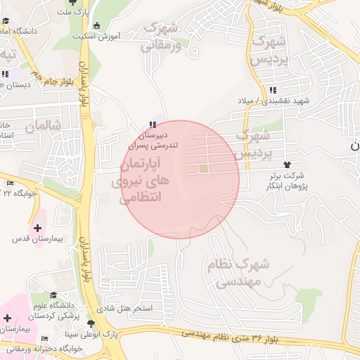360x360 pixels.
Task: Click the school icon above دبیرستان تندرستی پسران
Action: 153,124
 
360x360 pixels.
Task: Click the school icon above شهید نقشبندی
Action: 273,90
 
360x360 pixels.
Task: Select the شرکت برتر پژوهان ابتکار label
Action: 288,180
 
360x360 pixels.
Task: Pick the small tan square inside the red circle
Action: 203,168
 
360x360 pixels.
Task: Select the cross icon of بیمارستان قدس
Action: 37,227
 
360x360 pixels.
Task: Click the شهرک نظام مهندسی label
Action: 238,273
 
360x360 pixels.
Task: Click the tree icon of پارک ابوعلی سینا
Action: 91,323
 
